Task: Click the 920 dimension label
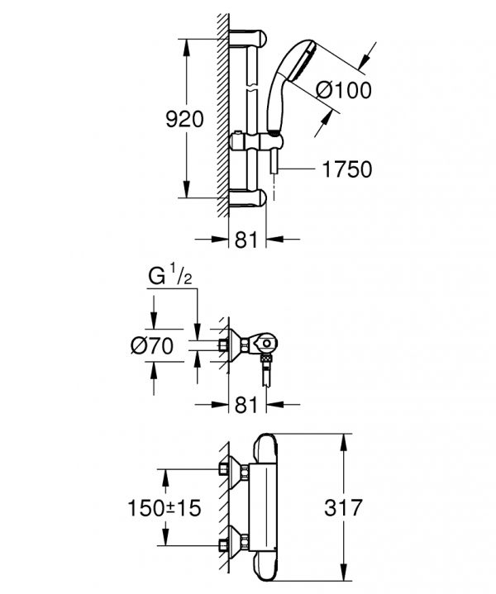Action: pyautogui.click(x=184, y=119)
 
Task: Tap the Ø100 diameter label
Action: pyautogui.click(x=344, y=90)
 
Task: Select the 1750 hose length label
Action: pyautogui.click(x=347, y=169)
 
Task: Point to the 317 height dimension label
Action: pyautogui.click(x=344, y=507)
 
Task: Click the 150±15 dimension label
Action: pyautogui.click(x=165, y=507)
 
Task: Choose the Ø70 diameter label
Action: pyautogui.click(x=152, y=345)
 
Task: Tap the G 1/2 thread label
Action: pyautogui.click(x=170, y=275)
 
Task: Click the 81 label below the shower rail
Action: pyautogui.click(x=246, y=240)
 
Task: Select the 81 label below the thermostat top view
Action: pyautogui.click(x=246, y=405)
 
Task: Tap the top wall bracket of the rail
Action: pyautogui.click(x=248, y=38)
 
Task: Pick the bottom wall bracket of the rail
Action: pyautogui.click(x=248, y=198)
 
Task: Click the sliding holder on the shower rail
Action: pyautogui.click(x=256, y=142)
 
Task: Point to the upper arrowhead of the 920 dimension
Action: pyautogui.click(x=186, y=47)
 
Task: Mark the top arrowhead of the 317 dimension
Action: pyautogui.click(x=344, y=443)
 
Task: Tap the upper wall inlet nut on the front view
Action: pyautogui.click(x=224, y=469)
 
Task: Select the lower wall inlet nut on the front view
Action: pyautogui.click(x=224, y=546)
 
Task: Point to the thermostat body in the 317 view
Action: pyautogui.click(x=264, y=507)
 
